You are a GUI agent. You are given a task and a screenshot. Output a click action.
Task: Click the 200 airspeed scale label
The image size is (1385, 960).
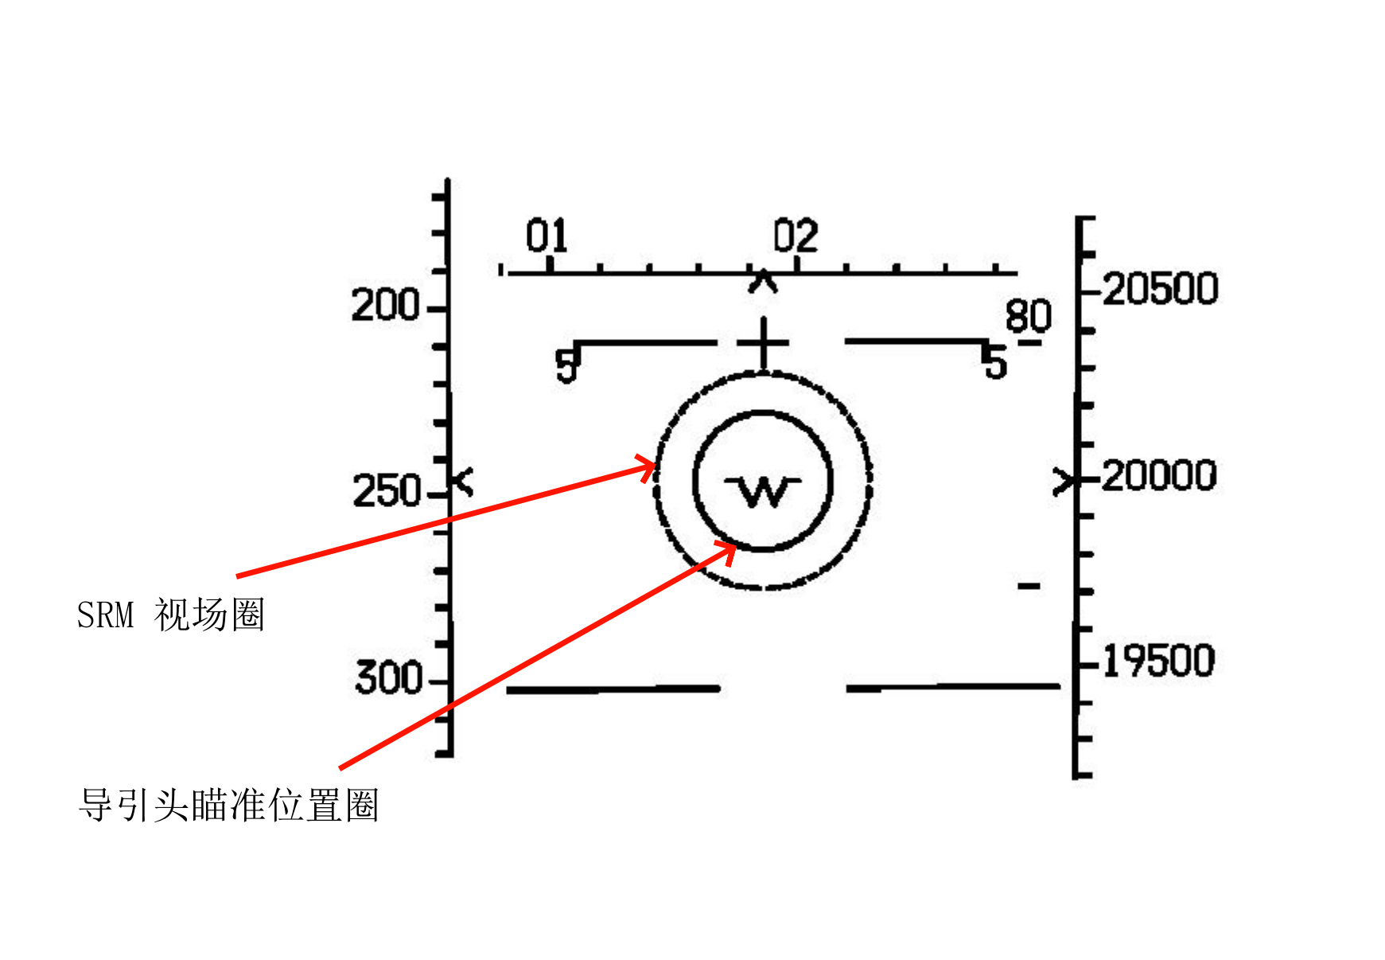[x=385, y=306]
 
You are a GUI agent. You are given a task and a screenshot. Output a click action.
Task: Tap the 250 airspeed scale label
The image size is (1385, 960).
[x=387, y=491]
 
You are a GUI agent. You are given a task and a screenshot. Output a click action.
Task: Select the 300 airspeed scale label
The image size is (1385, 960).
[x=388, y=678]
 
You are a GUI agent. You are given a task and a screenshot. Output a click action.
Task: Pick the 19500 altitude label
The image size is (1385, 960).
[x=1159, y=661]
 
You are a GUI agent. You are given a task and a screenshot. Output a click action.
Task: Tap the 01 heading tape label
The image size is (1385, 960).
[x=547, y=236]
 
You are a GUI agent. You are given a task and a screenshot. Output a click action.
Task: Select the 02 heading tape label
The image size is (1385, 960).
[x=796, y=236]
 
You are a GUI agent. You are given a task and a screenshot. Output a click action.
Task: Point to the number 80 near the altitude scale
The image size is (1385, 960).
[x=1028, y=316]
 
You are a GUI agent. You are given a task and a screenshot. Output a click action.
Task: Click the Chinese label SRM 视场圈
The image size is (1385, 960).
[x=170, y=615]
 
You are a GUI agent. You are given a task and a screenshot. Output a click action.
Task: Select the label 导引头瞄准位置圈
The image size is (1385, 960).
[x=228, y=805]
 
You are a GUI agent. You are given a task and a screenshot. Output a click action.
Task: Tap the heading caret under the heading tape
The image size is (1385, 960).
[x=763, y=281]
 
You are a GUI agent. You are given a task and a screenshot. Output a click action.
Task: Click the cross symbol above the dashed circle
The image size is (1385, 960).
[x=763, y=345]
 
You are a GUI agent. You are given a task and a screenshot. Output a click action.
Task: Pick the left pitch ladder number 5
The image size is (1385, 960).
[x=566, y=366]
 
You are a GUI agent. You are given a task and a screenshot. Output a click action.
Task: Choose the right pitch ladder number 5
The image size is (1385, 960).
[x=995, y=362]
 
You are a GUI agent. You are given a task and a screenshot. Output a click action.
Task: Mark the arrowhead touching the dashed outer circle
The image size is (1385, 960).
[x=648, y=469]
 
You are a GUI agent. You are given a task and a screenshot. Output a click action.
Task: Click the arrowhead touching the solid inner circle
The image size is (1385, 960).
[x=727, y=550]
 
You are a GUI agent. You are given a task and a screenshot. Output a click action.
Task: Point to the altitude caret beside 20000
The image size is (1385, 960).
[x=1064, y=482]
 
